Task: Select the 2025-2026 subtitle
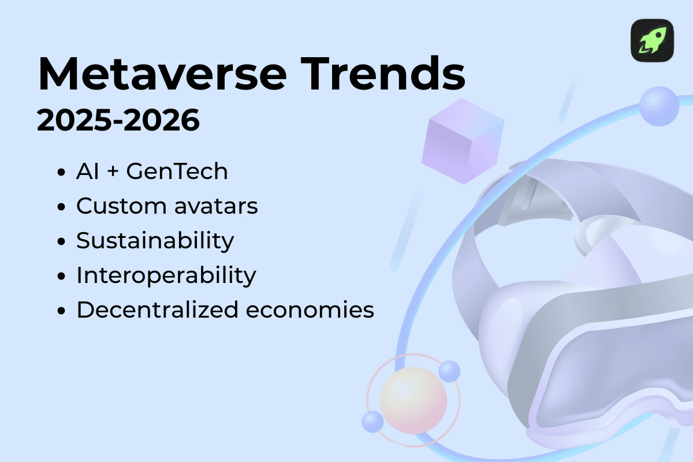(x=118, y=121)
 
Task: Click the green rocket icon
(x=652, y=40)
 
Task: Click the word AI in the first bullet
(x=88, y=172)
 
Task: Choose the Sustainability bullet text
(x=155, y=241)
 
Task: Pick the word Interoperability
(x=166, y=275)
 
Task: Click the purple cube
(x=462, y=141)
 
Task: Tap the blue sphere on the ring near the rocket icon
(x=659, y=106)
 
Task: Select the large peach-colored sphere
(x=413, y=400)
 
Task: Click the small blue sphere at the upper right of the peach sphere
(x=449, y=371)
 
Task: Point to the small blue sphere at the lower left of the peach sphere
(x=372, y=421)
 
